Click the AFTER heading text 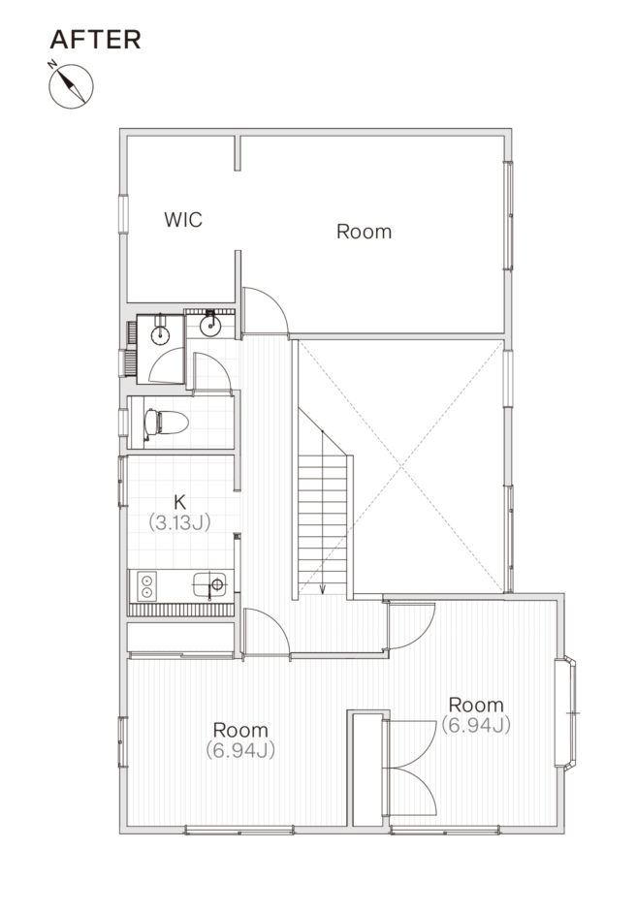click(95, 40)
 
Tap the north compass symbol click(71, 85)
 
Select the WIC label click(183, 220)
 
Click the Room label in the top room click(364, 232)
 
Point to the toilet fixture click(166, 423)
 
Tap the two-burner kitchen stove click(146, 585)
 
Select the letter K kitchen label click(179, 501)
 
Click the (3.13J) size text click(179, 522)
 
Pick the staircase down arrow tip click(323, 593)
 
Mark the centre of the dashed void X click(401, 466)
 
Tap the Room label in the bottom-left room click(240, 730)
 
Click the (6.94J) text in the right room click(476, 725)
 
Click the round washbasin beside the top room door click(209, 326)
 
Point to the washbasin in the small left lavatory click(159, 334)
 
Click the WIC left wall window click(123, 214)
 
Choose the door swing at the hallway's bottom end click(267, 632)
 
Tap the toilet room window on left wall click(123, 423)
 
